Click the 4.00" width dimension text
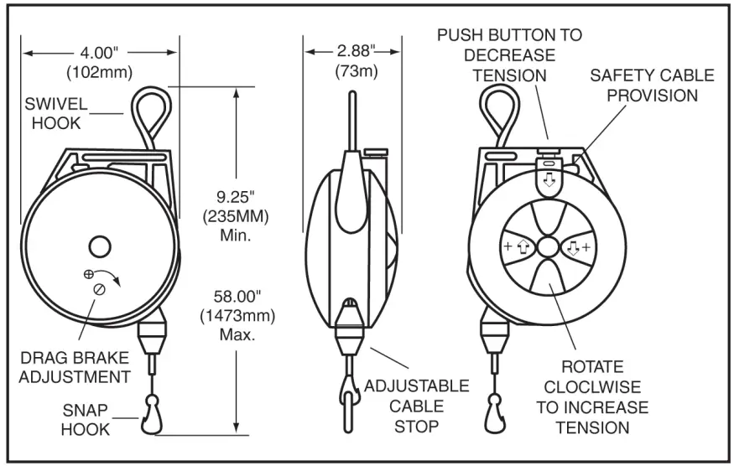tap(99, 52)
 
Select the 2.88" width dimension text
tap(357, 52)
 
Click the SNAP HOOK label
tap(86, 419)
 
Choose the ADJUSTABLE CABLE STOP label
tap(416, 406)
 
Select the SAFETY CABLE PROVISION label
tap(652, 85)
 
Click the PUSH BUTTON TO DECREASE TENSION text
tap(508, 55)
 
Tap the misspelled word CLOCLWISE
tap(591, 387)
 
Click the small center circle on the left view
tap(99, 246)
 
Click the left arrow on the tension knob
tap(521, 247)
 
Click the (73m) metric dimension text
tap(357, 71)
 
